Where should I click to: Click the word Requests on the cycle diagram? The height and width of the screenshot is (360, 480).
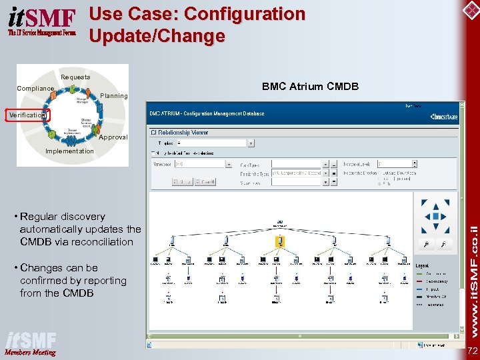click(x=75, y=77)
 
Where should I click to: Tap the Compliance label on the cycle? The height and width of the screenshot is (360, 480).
click(x=35, y=89)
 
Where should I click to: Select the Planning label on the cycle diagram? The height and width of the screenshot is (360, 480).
click(x=114, y=96)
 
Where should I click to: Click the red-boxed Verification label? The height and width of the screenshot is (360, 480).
click(x=27, y=115)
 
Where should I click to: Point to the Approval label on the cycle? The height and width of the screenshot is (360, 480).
click(x=113, y=137)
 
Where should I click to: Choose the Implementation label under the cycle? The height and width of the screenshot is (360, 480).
click(x=69, y=151)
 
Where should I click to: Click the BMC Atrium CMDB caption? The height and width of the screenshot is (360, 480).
click(x=310, y=87)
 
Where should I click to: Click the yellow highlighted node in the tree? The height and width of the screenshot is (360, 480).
click(x=281, y=240)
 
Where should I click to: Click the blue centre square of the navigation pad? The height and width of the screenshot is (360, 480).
click(x=436, y=216)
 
